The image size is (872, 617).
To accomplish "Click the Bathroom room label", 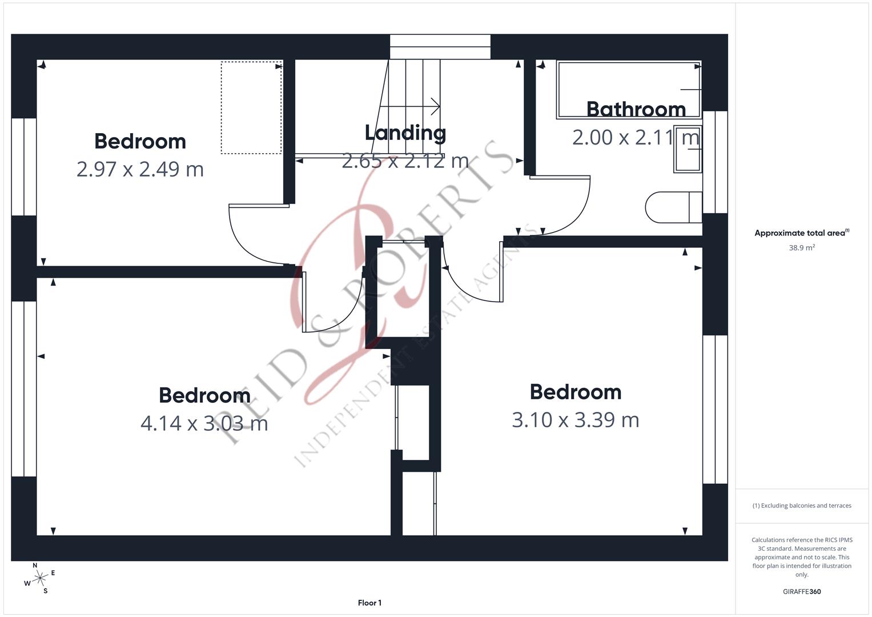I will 636,109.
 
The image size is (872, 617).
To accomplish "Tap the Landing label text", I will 405,133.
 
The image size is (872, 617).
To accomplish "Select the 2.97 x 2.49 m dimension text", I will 140,169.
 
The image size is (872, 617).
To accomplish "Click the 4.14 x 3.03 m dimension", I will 204,423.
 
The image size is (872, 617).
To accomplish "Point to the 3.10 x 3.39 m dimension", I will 575,420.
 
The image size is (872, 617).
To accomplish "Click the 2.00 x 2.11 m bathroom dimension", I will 636,137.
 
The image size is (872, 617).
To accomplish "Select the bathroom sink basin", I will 687,149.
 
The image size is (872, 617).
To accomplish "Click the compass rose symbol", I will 39,578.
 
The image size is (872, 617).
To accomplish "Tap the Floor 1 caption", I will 369,603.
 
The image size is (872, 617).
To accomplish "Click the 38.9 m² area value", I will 802,248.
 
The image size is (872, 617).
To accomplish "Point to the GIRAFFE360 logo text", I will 802,592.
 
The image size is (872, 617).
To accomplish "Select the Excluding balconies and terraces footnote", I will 802,506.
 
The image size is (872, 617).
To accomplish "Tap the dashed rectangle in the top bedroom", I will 251,107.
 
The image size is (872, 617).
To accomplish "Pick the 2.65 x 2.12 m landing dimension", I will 405,161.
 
